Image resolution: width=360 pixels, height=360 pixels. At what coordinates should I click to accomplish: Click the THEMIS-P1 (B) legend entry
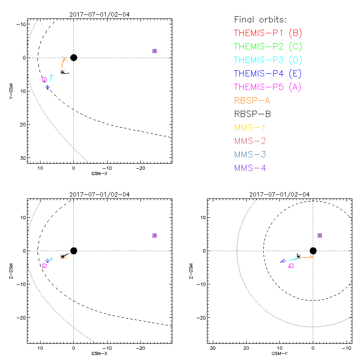pos(268,33)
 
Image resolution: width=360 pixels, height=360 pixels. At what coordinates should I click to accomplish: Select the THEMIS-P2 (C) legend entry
pos(268,46)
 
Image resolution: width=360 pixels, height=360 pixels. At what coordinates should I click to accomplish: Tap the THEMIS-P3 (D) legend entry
pos(268,60)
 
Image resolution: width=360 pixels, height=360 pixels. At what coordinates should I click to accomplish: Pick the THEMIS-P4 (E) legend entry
pos(268,73)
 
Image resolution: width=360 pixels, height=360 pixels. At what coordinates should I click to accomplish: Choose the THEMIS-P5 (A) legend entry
pos(268,87)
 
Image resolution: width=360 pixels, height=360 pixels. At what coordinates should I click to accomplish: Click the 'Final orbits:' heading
pos(260,19)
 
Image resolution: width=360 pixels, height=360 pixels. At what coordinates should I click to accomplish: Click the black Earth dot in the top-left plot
pos(74,57)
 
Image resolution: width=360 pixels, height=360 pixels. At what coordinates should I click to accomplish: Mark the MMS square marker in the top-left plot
pos(154,51)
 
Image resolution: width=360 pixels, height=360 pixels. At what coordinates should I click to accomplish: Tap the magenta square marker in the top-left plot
pos(44,80)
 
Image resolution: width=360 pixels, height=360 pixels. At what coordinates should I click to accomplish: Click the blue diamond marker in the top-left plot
pos(47,87)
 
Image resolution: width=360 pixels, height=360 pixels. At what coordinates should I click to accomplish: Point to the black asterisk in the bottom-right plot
pos(298,256)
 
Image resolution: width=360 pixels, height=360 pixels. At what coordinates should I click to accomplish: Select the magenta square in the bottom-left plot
pos(44,266)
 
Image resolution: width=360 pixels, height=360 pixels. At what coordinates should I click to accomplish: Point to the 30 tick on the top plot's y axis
pos(22,158)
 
